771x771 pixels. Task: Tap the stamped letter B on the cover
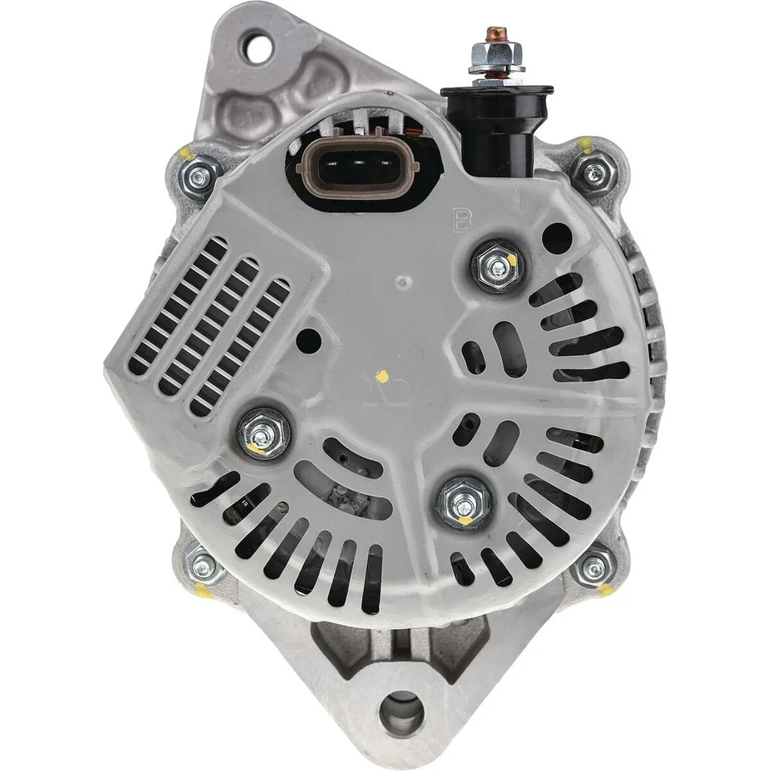coord(461,219)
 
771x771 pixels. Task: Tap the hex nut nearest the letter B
coord(495,265)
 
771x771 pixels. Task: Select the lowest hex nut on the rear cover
coord(464,504)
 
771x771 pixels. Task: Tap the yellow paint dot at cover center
coord(383,376)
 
